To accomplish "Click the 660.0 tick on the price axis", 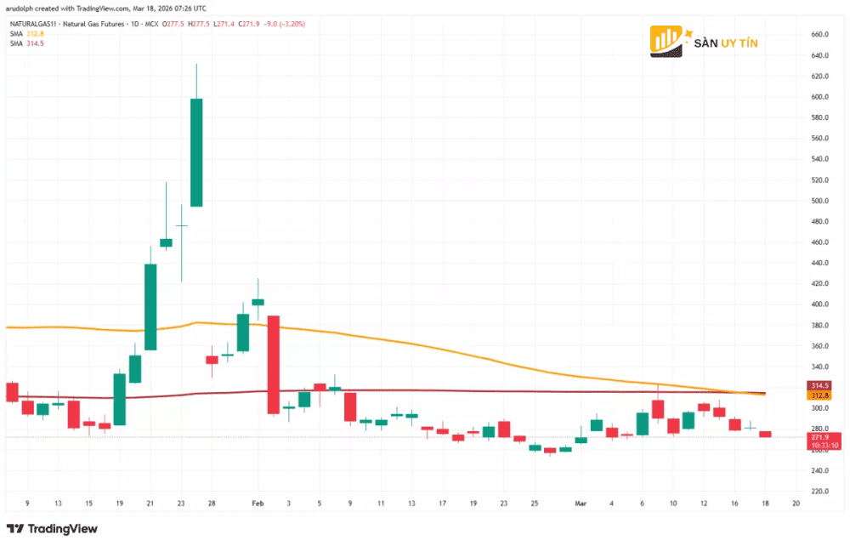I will point(820,35).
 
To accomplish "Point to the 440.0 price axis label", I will point(820,263).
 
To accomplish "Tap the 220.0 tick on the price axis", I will point(820,492).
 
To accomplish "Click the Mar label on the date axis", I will point(581,503).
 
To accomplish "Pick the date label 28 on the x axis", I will point(211,503).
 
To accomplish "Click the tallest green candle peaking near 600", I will point(196,152).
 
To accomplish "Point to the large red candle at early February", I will point(274,364).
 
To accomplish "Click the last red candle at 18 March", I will point(765,434).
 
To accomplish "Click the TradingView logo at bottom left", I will point(53,529).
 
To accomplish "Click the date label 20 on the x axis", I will point(796,503).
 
